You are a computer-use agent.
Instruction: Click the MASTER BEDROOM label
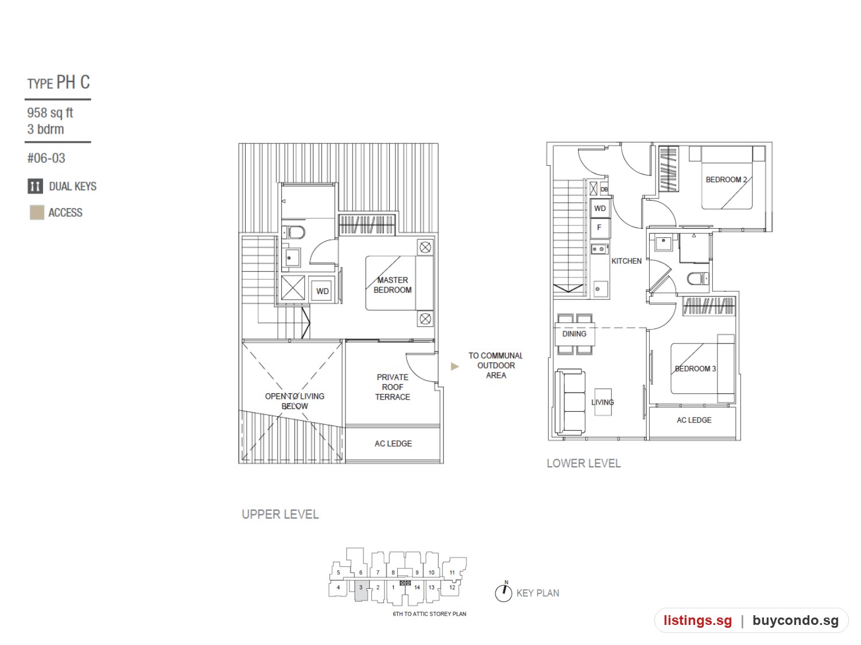pos(392,285)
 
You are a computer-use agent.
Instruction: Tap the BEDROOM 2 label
pos(726,180)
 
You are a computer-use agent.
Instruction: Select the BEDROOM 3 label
pos(695,369)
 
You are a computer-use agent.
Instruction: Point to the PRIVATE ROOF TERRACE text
pos(392,387)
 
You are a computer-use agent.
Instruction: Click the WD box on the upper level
pos(322,290)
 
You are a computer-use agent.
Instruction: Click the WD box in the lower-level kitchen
pos(600,208)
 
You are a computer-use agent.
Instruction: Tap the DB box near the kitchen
pos(604,189)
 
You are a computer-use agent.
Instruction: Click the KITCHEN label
pos(626,261)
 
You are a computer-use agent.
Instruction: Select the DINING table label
pos(574,334)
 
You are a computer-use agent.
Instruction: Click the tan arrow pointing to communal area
pos(455,366)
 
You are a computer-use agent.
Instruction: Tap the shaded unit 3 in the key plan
pos(361,590)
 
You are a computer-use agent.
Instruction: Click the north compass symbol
pos(503,592)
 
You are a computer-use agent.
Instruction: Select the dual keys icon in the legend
pos(35,186)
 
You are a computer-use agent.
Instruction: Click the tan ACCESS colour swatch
pos(37,212)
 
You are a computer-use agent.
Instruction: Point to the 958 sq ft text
pos(50,113)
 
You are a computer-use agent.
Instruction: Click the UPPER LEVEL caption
pos(280,514)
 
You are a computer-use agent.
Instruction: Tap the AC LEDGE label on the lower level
pos(694,420)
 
